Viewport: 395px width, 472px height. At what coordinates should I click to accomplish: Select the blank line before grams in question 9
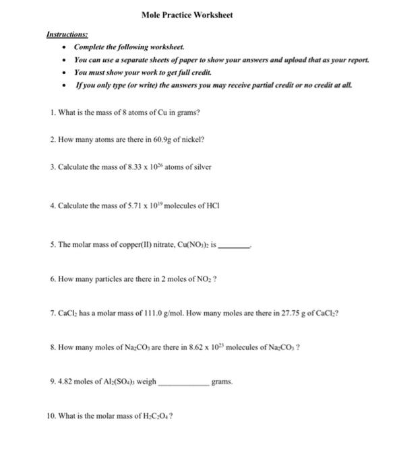click(183, 382)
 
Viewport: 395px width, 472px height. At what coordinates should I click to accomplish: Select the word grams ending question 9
click(221, 382)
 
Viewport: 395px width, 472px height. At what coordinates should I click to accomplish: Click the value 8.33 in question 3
click(125, 165)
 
